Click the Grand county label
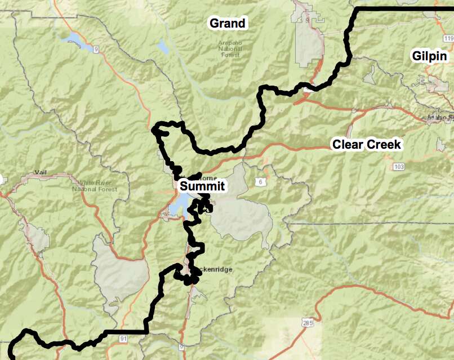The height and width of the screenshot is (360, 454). tap(228, 24)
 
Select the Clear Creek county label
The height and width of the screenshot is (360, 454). tap(366, 145)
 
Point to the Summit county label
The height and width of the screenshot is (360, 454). tap(202, 186)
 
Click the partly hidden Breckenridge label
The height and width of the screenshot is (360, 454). tap(216, 270)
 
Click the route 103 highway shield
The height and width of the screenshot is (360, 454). tap(399, 167)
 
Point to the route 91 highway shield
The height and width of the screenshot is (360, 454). tap(123, 338)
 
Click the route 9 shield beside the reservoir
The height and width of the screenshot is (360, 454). tap(96, 50)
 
